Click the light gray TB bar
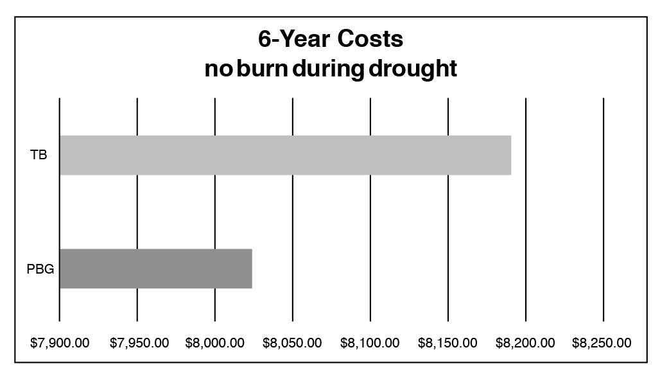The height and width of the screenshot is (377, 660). coord(285,155)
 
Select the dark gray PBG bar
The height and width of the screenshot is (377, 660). coord(155,268)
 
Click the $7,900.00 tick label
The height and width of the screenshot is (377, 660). coord(60,342)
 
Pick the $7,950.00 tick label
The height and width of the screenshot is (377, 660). coord(138,342)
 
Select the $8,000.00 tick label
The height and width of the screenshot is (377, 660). coord(215,342)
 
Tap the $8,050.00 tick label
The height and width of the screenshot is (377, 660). coord(293,342)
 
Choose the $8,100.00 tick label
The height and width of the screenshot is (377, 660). coord(370,342)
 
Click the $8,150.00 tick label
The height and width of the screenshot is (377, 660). coord(448,342)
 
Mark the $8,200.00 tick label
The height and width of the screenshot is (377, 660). coord(526,342)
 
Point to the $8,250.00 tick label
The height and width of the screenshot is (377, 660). coord(603,342)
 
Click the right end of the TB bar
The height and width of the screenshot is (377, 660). coord(510,155)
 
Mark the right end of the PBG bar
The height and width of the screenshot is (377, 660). coord(250,268)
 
